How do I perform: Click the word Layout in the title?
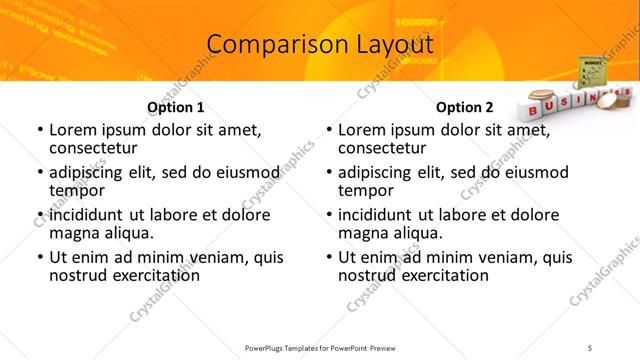(389, 45)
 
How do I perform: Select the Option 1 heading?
(176, 107)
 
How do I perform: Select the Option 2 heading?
(465, 107)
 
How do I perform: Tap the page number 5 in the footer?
(619, 347)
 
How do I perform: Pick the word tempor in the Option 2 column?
(366, 190)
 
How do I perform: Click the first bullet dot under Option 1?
(38, 131)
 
